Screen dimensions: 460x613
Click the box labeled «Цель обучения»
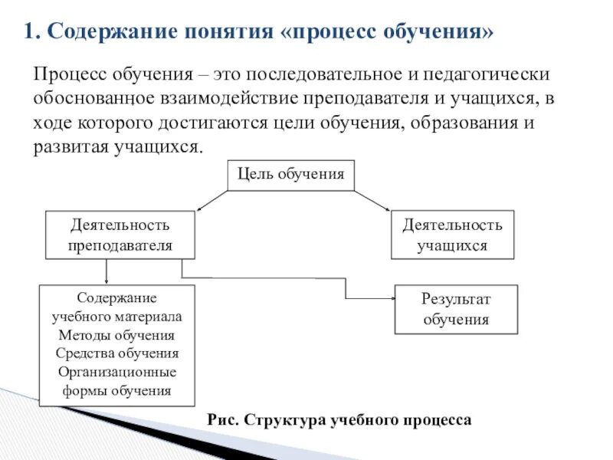pos(291,174)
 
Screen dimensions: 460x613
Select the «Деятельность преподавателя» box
pos(120,235)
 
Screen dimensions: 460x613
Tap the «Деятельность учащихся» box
pos(452,235)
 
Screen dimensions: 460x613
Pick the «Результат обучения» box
pos(455,309)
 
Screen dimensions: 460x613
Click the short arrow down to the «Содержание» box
pos(106,271)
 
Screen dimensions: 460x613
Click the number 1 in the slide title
pos(28,31)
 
